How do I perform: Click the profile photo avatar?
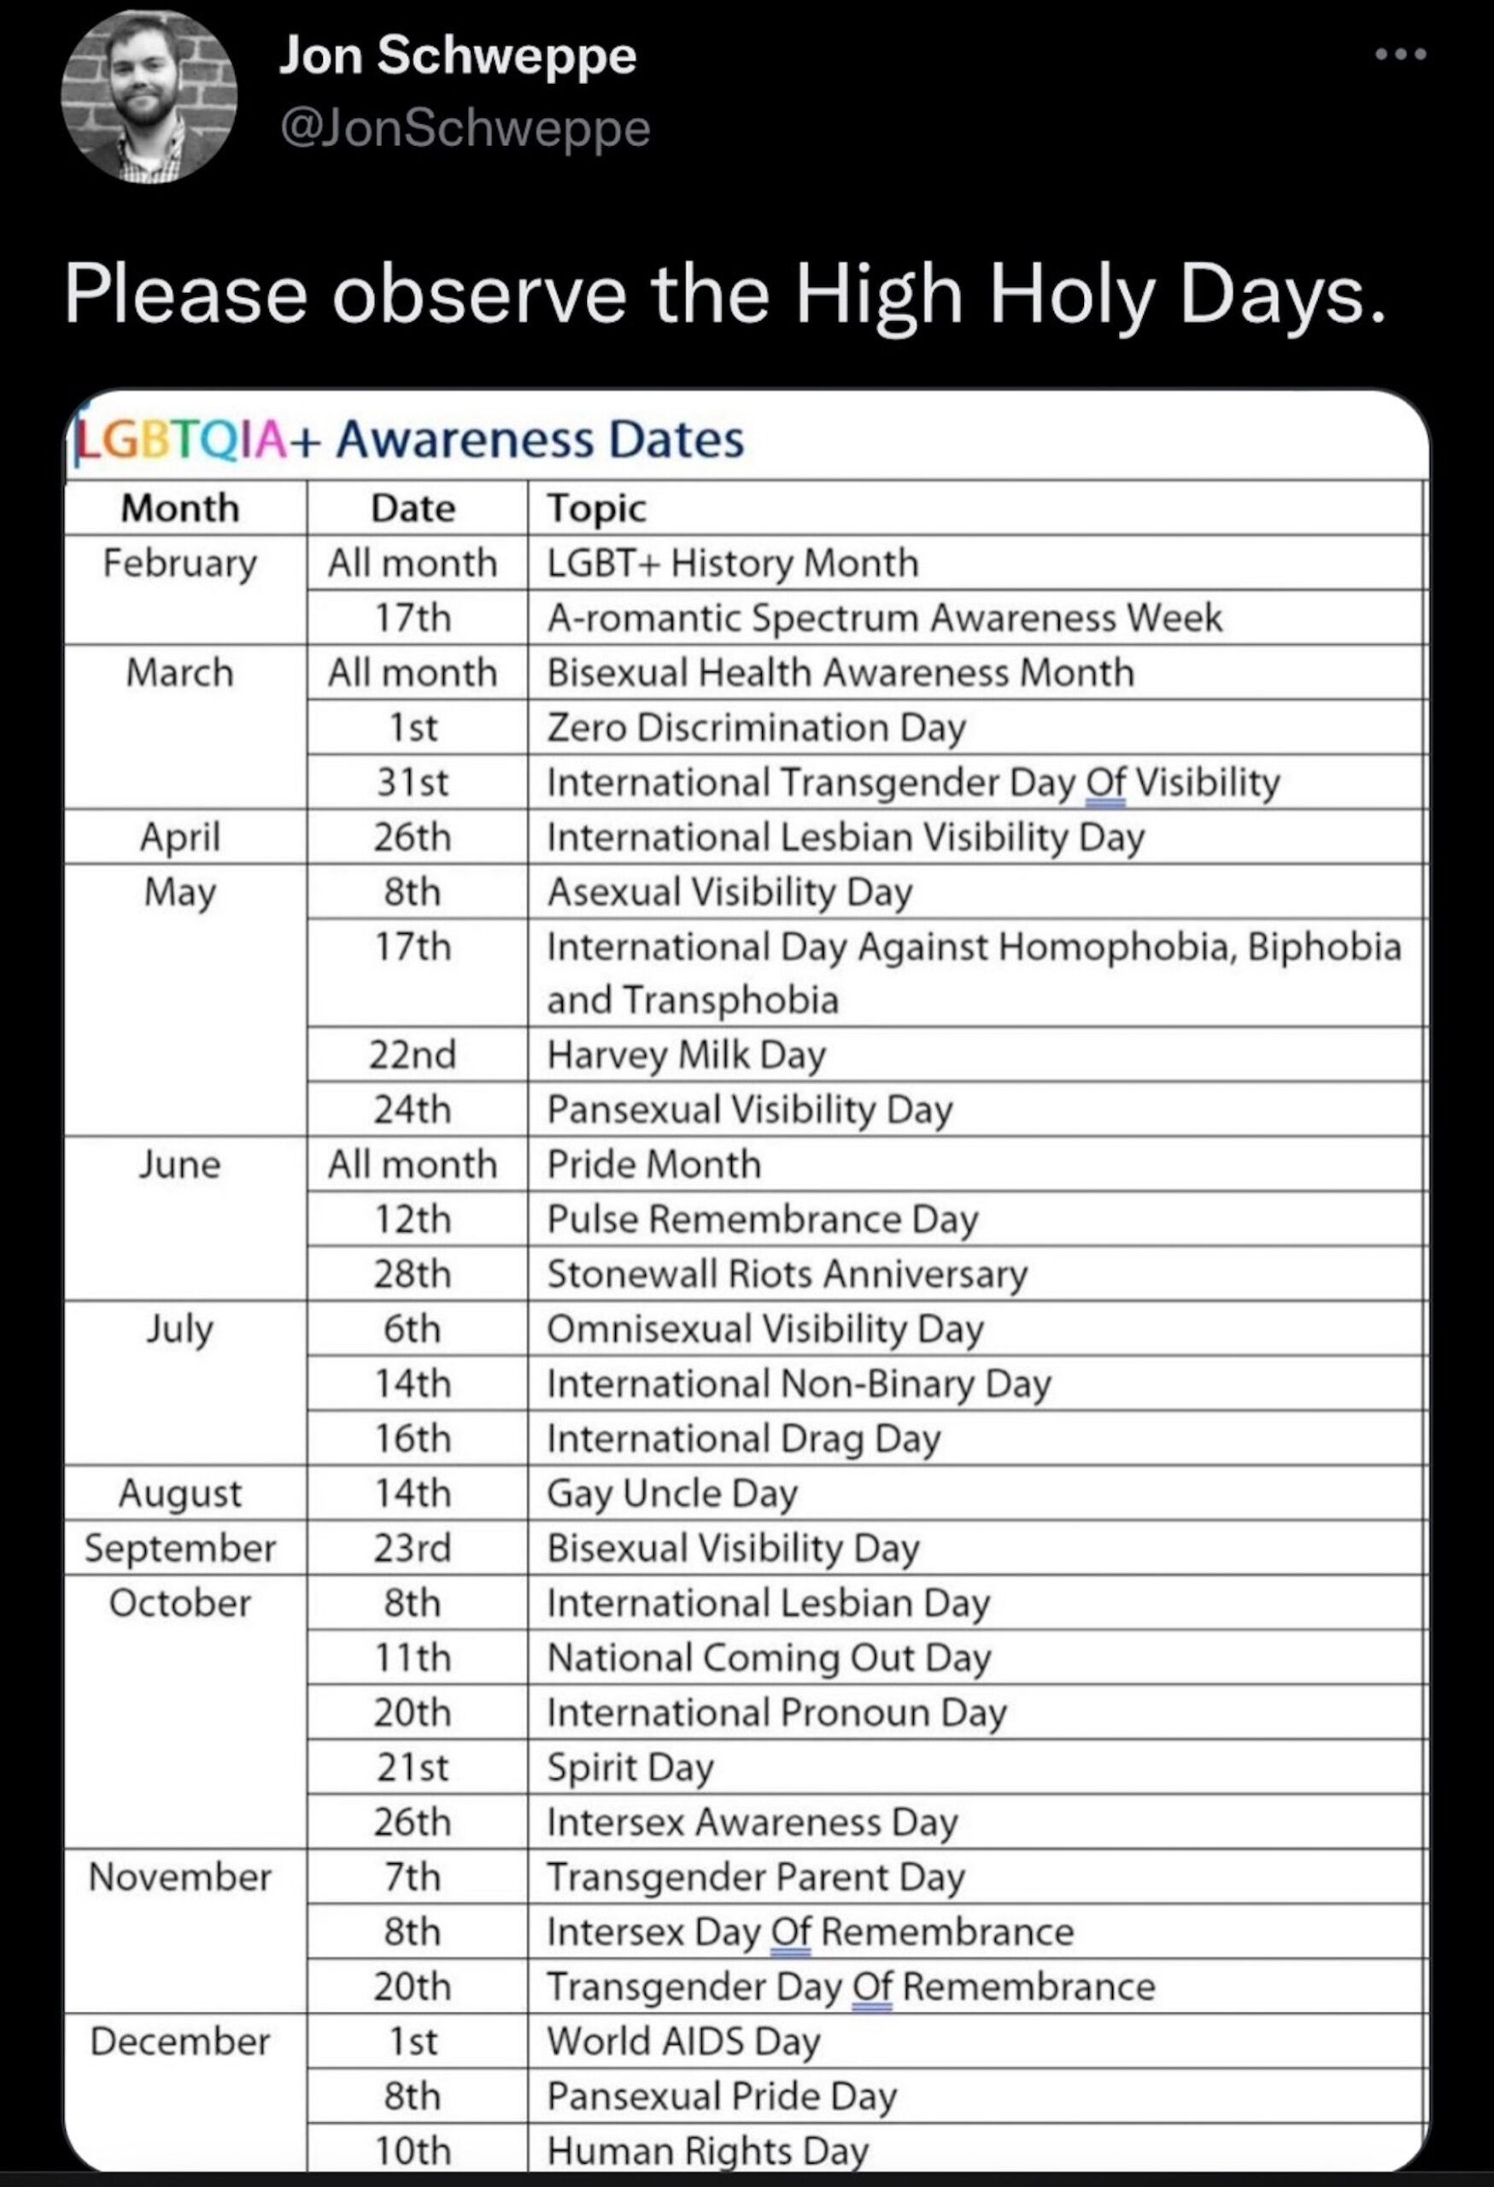[x=149, y=97]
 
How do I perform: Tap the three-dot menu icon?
[x=1400, y=55]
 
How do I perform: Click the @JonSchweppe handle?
[x=465, y=128]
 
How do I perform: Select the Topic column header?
[x=596, y=508]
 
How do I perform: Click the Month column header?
[x=180, y=508]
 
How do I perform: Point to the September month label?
[x=180, y=1548]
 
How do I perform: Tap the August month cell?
[x=180, y=1493]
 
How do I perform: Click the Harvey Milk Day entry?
[x=686, y=1055]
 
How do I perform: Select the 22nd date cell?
[x=412, y=1055]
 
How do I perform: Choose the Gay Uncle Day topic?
[x=671, y=1493]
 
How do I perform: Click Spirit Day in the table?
[x=630, y=1768]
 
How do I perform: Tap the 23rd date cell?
[x=412, y=1548]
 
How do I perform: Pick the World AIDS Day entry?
[x=684, y=2041]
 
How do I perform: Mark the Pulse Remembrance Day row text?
[x=762, y=1220]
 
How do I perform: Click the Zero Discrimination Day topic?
[x=757, y=727]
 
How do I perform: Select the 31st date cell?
[x=412, y=782]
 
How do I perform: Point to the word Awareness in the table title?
[x=466, y=439]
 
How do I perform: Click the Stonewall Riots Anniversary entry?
[x=787, y=1274]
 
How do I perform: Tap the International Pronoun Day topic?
[x=776, y=1713]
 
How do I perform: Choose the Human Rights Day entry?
[x=707, y=2150]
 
